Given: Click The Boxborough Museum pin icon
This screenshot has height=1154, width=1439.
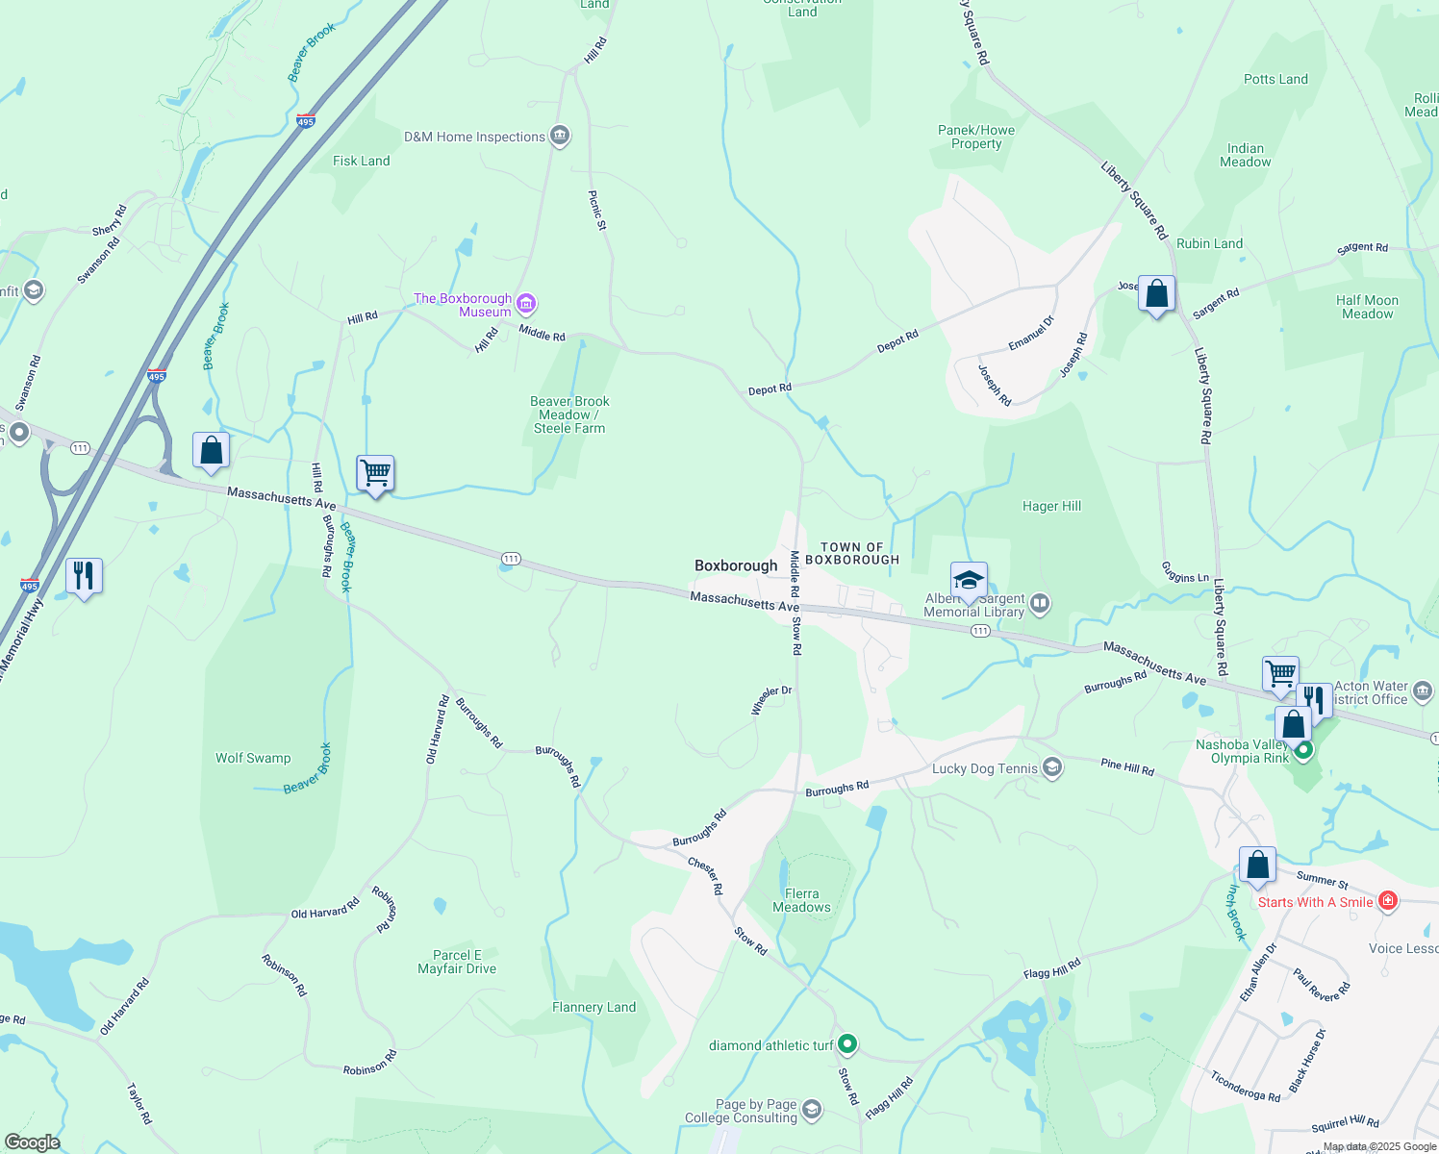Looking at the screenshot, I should [x=526, y=305].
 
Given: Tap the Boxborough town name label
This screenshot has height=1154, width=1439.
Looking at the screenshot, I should [x=736, y=565].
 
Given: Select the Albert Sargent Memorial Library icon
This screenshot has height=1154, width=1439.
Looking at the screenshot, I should [x=1040, y=604].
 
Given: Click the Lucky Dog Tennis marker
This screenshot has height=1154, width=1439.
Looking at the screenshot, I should [x=1052, y=766].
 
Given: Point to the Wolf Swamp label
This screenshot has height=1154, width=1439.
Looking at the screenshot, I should [x=253, y=758].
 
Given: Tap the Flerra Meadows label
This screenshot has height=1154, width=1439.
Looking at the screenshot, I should [x=801, y=900].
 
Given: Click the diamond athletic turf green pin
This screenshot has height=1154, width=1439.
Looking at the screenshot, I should [x=847, y=1043].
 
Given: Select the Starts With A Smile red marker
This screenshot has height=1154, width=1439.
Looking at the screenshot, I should [x=1387, y=901].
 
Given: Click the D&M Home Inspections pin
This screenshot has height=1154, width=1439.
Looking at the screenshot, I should [x=560, y=136].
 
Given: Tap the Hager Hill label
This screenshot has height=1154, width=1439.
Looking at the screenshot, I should [x=1051, y=506].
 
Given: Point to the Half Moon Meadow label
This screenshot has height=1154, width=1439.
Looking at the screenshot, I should [x=1367, y=307].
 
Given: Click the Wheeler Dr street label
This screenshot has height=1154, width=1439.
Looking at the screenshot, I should [x=770, y=700].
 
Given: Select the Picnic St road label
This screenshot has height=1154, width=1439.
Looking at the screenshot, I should [x=597, y=211].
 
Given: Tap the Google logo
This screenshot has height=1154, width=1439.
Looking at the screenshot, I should [x=32, y=1141].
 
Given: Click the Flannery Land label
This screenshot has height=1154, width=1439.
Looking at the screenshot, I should [x=593, y=1007].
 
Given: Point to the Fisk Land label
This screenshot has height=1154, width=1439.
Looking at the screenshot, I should [x=362, y=161].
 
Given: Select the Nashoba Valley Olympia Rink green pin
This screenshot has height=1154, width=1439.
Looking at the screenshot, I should [x=1303, y=750].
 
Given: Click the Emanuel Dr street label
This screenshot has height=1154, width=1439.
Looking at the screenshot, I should [x=1031, y=333].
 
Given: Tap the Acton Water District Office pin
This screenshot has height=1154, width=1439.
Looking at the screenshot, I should [x=1423, y=690].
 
